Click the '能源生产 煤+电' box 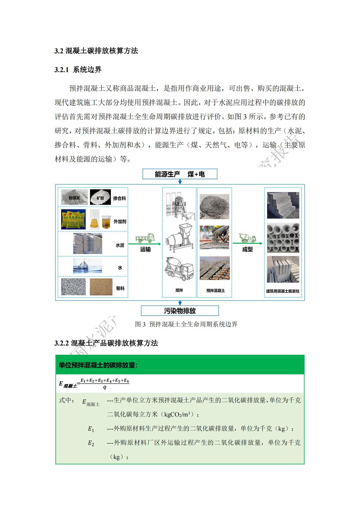point(180,174)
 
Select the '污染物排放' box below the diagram point(180,311)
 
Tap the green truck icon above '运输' point(145,238)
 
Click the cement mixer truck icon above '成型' point(247,238)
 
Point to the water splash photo point(87,266)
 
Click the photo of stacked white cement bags point(87,243)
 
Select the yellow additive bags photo point(73,219)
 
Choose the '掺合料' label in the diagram point(119,198)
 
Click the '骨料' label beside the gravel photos point(120,288)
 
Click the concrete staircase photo point(283,205)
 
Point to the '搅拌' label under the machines point(179,290)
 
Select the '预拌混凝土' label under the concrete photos point(216,291)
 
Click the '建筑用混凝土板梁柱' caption point(282,291)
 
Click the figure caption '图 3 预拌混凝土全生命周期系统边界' point(186,324)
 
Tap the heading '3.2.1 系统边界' point(78,70)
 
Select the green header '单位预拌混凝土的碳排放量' point(98,365)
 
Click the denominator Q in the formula point(105,387)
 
